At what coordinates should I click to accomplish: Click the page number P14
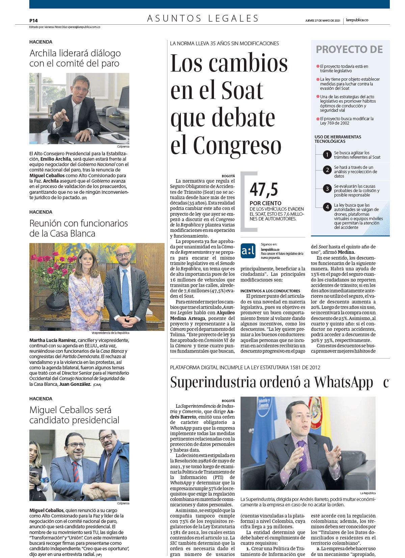point(33,21)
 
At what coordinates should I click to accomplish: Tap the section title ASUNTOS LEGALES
point(203,19)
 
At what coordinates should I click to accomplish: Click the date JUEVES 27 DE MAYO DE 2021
point(322,21)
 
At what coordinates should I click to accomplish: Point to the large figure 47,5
point(264,189)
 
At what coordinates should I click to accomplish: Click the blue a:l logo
point(248,251)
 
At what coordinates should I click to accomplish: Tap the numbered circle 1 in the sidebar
point(327,155)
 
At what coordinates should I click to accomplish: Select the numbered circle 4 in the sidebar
point(327,207)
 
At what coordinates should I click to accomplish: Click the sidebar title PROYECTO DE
point(349,50)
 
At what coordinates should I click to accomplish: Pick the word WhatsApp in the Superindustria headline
point(343,382)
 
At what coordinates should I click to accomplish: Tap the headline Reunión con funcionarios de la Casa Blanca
point(78,228)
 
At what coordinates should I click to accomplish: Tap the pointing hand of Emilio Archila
point(61,116)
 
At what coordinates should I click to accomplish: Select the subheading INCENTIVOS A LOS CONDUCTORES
point(270,291)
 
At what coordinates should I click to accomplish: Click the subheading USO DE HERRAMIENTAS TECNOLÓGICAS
point(337,139)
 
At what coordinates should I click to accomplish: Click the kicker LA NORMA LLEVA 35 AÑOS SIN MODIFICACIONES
point(224,44)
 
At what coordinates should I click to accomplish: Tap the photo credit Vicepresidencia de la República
point(110,333)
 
